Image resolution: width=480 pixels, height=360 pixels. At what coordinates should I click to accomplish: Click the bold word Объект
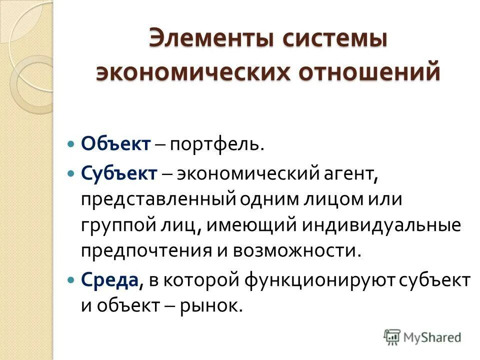115,144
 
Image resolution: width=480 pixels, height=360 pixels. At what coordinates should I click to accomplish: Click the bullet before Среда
71,280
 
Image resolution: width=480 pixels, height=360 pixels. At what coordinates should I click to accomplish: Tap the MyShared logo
422,337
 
